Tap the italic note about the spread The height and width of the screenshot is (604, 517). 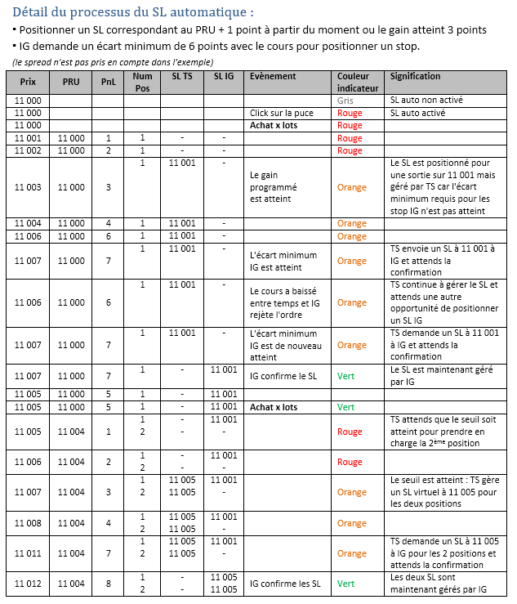(113, 62)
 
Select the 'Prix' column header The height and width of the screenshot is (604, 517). (28, 82)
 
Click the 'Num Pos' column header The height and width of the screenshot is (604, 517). (142, 82)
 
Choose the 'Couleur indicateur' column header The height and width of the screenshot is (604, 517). (359, 82)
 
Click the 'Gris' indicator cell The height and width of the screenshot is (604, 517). (345, 100)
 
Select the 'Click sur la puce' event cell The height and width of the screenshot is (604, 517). (282, 113)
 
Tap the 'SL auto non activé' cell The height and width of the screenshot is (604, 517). (426, 100)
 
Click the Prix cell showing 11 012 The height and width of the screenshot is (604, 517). (28, 584)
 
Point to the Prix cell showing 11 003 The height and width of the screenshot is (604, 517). (28, 187)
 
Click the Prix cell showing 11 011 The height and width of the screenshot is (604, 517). (28, 553)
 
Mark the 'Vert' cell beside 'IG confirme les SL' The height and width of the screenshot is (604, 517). (346, 584)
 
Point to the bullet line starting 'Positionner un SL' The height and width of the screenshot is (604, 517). (252, 29)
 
